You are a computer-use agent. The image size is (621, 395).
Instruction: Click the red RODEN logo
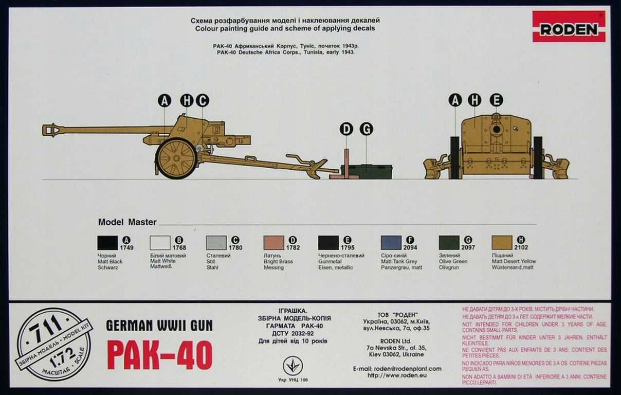point(569,27)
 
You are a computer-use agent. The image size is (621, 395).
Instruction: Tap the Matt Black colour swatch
point(107,243)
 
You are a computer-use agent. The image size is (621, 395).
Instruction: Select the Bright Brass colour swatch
point(273,243)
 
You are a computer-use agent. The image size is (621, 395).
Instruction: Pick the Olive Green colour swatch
point(449,243)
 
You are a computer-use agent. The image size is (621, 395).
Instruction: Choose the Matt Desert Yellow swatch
point(502,243)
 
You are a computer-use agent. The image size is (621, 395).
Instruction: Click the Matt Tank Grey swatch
point(391,243)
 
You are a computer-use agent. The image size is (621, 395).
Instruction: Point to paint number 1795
point(348,247)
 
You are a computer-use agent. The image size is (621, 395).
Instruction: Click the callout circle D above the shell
point(346,129)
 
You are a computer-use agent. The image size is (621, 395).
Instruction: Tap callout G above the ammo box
point(366,129)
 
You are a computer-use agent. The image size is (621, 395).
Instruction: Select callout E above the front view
point(496,100)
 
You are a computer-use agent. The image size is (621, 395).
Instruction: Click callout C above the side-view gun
point(202,101)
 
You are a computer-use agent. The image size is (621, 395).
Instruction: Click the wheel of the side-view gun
point(176,158)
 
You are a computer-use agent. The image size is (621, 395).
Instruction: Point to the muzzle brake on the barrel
point(51,130)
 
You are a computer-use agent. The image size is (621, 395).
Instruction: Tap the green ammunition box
point(367,172)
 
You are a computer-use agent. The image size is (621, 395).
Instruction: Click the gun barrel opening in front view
point(496,129)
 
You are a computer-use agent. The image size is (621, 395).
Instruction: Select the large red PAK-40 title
point(159,355)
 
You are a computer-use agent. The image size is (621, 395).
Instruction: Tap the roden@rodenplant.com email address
point(397,369)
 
